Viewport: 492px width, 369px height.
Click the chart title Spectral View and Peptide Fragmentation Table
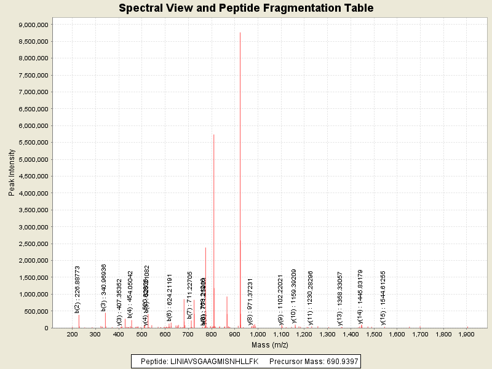pyautogui.click(x=246, y=8)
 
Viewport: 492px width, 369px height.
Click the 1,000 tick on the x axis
pyautogui.click(x=258, y=335)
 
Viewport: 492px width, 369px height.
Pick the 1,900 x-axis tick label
pyautogui.click(x=466, y=335)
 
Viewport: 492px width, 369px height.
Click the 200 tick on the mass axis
pyautogui.click(x=73, y=335)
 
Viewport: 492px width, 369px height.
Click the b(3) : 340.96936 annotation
pyautogui.click(x=104, y=287)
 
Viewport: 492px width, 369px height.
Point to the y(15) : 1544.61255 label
pyautogui.click(x=383, y=297)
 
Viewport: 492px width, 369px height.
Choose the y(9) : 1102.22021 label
pyautogui.click(x=280, y=299)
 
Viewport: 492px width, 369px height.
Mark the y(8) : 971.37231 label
pyautogui.click(x=250, y=300)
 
